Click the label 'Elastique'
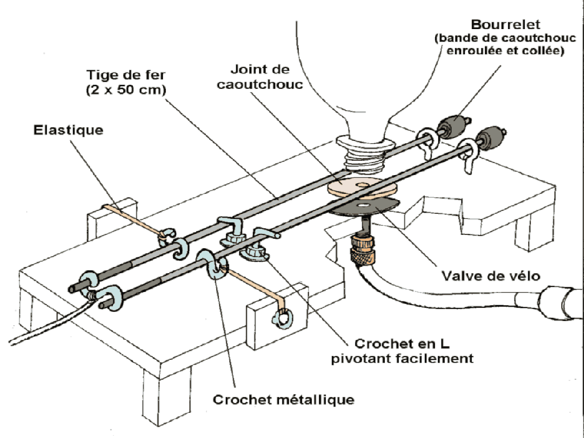(68, 130)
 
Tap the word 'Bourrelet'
(505, 25)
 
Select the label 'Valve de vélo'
(491, 276)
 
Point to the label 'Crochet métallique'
(283, 400)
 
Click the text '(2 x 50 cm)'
(126, 90)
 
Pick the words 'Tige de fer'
(126, 75)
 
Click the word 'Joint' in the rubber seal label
(244, 69)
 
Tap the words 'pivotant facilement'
(402, 359)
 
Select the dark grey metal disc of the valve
(364, 208)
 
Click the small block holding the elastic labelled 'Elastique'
(112, 220)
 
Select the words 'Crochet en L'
(402, 343)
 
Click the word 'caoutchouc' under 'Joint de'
(260, 84)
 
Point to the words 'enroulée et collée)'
(505, 50)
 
